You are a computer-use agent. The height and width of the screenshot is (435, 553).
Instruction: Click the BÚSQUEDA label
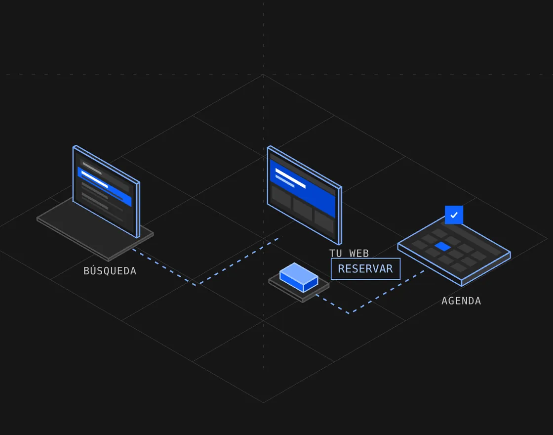[110, 271]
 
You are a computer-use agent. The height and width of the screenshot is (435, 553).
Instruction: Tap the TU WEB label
[349, 253]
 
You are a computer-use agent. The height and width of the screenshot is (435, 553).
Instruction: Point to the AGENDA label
[461, 301]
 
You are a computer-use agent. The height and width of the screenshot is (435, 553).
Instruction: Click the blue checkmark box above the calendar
[454, 215]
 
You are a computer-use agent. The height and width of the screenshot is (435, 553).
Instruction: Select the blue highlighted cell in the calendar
[442, 247]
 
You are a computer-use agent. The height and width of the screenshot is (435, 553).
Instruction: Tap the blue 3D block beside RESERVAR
[299, 277]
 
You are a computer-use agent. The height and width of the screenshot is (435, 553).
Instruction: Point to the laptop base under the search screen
[95, 229]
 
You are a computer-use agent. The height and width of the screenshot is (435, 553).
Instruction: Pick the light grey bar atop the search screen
[92, 168]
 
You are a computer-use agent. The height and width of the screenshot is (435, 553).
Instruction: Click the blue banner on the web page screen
[302, 188]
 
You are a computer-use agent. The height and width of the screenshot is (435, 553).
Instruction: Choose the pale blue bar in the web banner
[284, 181]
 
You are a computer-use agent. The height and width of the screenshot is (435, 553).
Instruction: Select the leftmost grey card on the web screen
[281, 198]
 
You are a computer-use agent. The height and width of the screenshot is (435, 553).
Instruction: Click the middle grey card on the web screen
[303, 210]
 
